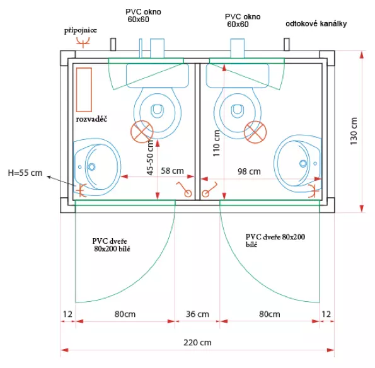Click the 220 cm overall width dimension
point(197,342)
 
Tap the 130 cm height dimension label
point(354,131)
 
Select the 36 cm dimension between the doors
point(197,314)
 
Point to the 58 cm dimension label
point(172,171)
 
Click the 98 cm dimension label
point(249,171)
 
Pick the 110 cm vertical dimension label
point(216,143)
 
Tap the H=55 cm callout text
point(25,173)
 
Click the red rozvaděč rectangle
point(84,90)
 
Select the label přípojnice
point(81,30)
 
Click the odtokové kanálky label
point(316,24)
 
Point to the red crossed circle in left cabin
point(142,132)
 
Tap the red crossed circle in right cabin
point(255,132)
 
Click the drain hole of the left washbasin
point(91,166)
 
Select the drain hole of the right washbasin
point(303,164)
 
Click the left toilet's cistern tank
point(158,76)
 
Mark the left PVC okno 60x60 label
point(143,16)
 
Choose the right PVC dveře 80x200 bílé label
point(275,240)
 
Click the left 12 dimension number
point(67,314)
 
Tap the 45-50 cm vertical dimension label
point(150,158)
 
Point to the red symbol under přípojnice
point(83,42)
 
